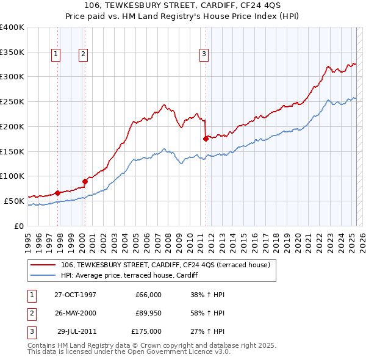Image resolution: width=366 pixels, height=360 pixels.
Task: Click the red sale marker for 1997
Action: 57,193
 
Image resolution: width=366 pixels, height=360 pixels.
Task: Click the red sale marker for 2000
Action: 85,181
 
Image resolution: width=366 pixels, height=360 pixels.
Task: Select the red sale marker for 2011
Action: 206,139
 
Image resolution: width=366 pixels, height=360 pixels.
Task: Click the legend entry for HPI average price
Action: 129,275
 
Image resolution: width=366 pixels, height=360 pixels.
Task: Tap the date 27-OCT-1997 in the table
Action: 75,295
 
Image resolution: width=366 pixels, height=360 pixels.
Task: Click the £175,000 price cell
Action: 146,331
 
